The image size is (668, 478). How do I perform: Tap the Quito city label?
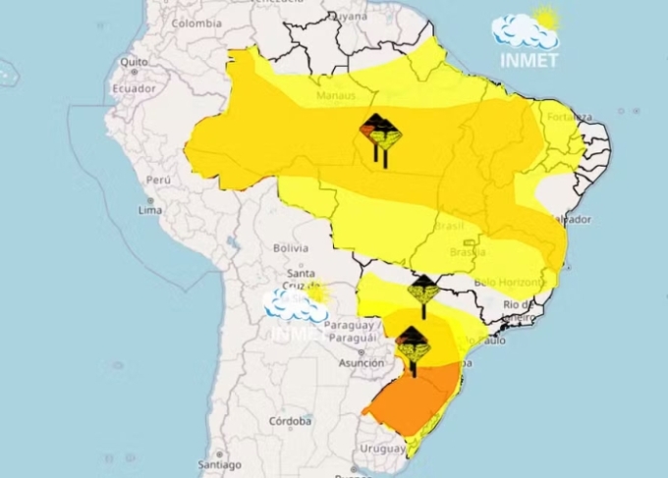pyautogui.click(x=135, y=61)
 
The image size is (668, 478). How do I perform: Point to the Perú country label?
pyautogui.click(x=158, y=181)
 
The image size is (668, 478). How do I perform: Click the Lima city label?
pyautogui.click(x=150, y=210)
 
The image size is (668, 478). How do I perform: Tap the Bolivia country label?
pyautogui.click(x=291, y=248)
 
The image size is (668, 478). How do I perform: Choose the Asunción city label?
pyautogui.click(x=362, y=362)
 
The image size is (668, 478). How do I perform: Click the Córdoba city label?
pyautogui.click(x=291, y=421)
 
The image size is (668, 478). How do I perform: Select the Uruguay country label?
pyautogui.click(x=381, y=449)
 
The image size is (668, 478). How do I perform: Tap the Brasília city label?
pyautogui.click(x=468, y=252)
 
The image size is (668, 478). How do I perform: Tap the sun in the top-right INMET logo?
pyautogui.click(x=545, y=19)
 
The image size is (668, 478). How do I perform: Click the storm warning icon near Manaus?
pyautogui.click(x=379, y=133)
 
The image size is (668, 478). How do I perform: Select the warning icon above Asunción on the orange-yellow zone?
pyautogui.click(x=413, y=345)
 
